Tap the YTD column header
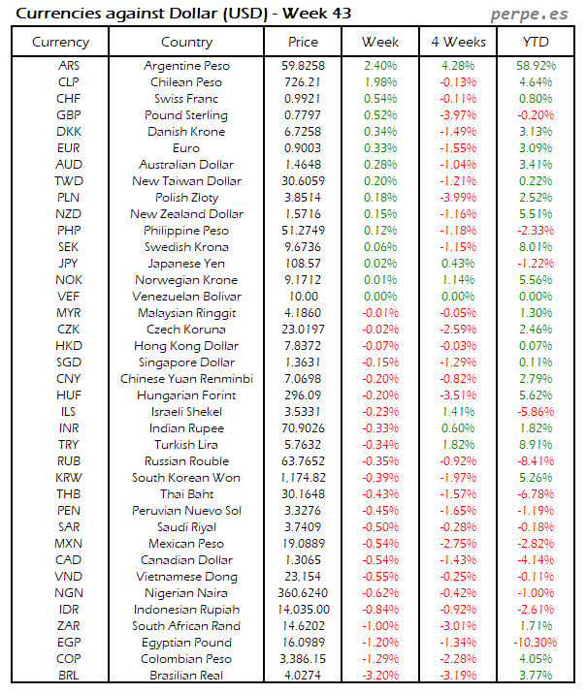[537, 42]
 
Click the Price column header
[303, 42]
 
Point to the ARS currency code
[69, 65]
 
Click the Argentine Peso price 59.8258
[303, 65]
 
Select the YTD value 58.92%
[537, 65]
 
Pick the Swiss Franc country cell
[186, 98]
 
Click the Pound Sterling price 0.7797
[303, 114]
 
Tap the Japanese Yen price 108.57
[303, 263]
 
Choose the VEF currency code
[69, 296]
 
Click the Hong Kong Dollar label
[186, 345]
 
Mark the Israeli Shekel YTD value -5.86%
[537, 411]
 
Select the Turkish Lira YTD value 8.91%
[537, 444]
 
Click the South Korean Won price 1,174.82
[303, 477]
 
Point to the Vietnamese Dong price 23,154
[303, 576]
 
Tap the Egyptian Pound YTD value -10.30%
[537, 642]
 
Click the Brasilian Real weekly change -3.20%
[379, 675]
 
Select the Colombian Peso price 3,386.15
[303, 658]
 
